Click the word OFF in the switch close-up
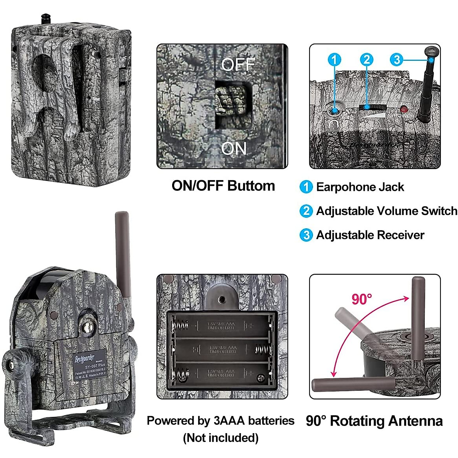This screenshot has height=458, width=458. [238, 65]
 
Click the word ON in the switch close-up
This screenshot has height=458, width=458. [234, 148]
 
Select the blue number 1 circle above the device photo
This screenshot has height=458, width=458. [334, 60]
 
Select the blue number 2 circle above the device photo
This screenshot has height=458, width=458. [366, 59]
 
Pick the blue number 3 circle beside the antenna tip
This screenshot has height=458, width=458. [397, 60]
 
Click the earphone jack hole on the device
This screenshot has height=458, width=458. [335, 111]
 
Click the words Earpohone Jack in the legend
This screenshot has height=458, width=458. [360, 187]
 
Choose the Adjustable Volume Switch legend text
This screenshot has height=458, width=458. [386, 211]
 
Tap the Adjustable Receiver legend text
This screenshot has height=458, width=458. [370, 235]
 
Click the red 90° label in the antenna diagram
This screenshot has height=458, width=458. [361, 299]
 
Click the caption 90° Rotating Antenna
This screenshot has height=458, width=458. [374, 421]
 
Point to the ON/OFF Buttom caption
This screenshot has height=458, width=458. [223, 186]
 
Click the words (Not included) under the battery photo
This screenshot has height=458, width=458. [221, 438]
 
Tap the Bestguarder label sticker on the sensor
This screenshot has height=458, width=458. [89, 365]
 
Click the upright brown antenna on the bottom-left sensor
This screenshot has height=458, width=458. [123, 256]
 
